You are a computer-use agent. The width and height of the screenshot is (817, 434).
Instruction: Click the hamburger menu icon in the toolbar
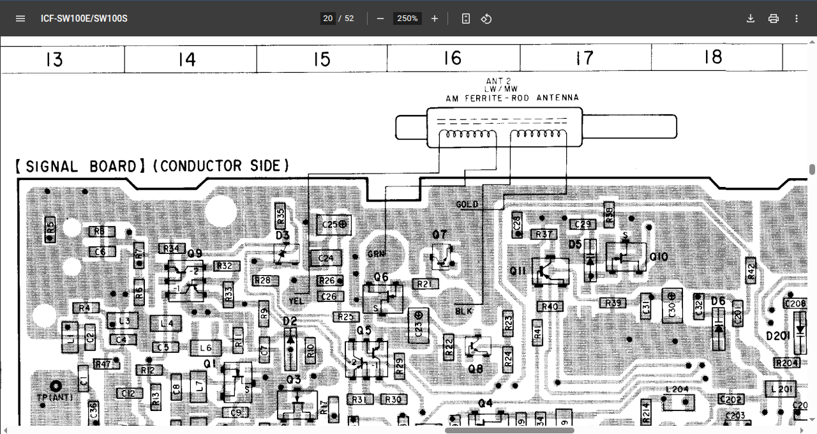(20, 19)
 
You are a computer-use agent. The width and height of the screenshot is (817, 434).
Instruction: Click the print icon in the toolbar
(774, 19)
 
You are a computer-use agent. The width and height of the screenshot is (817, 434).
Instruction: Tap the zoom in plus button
(435, 19)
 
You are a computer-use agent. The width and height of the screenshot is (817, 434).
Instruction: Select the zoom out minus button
(380, 19)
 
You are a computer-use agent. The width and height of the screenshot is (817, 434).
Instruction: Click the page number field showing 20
(327, 19)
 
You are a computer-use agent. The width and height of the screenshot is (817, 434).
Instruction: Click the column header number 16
(453, 59)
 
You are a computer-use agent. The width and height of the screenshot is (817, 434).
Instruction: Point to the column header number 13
(54, 60)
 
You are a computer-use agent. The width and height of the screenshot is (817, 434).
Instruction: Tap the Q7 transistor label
(439, 234)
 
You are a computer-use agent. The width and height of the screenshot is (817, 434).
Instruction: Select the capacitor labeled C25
(334, 225)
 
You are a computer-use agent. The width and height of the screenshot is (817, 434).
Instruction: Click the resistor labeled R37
(544, 234)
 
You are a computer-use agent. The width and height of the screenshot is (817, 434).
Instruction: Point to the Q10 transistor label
(659, 257)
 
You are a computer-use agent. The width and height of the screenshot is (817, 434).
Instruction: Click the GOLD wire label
(467, 204)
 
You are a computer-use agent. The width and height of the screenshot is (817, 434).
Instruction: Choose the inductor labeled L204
(677, 389)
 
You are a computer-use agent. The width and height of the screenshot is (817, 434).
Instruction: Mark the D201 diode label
(778, 336)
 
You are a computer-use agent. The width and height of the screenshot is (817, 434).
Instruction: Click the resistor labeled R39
(614, 303)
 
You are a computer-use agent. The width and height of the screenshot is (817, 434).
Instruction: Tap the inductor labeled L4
(167, 324)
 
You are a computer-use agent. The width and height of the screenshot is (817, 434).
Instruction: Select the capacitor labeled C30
(671, 306)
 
